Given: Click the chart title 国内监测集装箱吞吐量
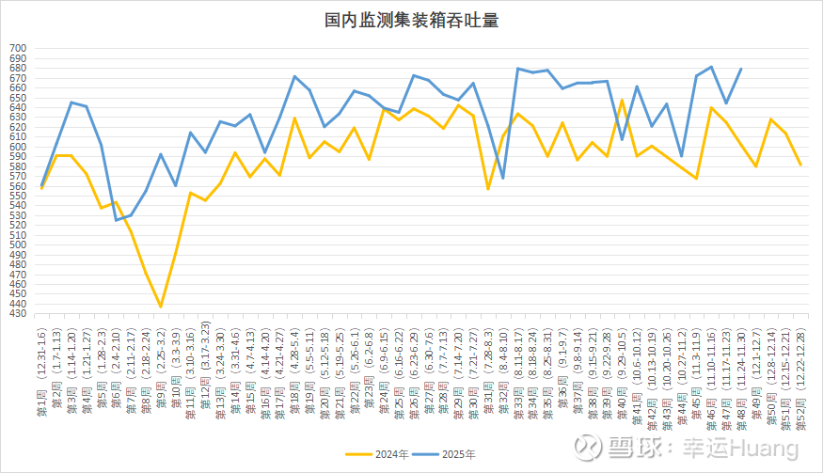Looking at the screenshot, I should coord(411,20).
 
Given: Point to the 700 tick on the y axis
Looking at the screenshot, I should coord(20,48).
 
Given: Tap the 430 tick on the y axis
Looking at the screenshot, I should coord(20,314).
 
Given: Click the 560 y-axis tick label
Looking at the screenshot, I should coord(20,186).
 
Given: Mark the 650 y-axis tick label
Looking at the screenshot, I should coord(20,97).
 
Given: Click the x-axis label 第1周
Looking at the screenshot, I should coord(40,409).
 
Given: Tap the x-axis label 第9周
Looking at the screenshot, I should coord(160,409).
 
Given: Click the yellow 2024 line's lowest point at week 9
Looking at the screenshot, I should coord(161,307).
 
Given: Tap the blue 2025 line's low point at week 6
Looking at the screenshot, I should coord(117,220).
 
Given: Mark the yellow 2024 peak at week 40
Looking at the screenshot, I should coord(622,99).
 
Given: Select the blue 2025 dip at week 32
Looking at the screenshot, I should coord(503,178).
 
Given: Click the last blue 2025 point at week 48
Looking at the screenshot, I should coord(741,69).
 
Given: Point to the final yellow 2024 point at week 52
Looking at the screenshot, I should coord(800,165).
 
